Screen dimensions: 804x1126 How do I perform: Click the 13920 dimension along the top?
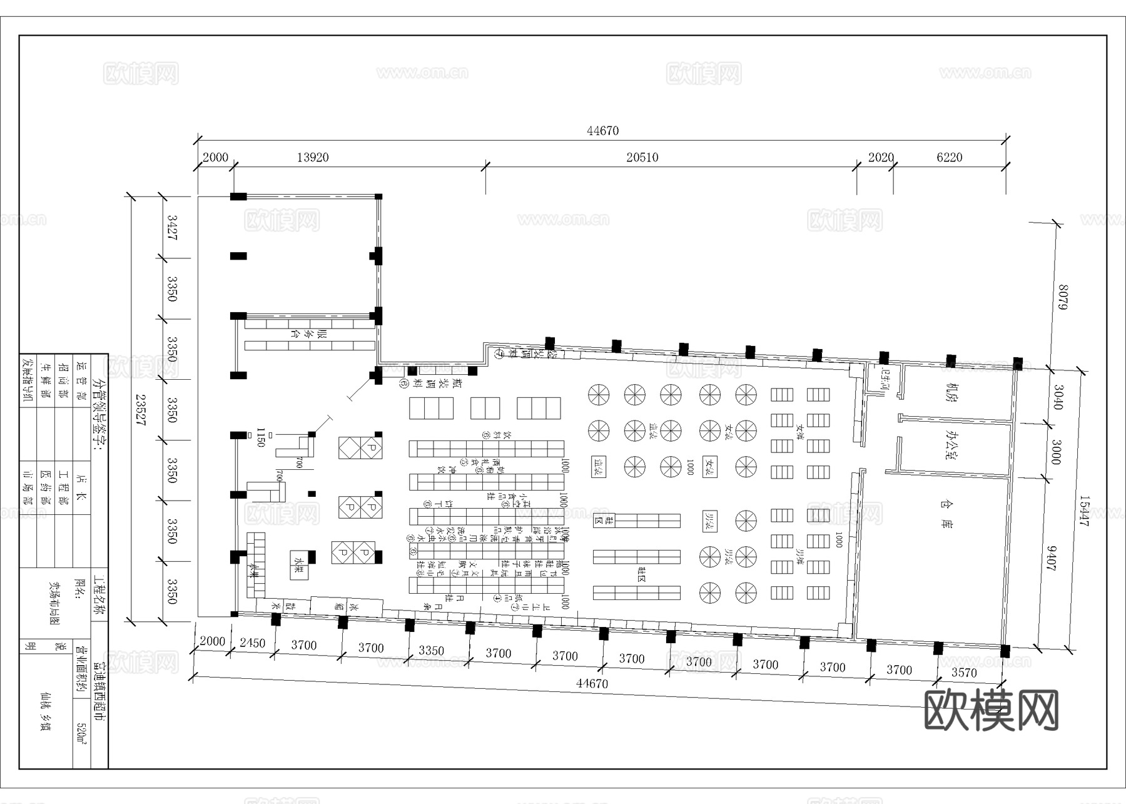(312, 158)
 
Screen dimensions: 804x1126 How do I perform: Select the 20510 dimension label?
(642, 158)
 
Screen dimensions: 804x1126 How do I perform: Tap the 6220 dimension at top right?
(949, 158)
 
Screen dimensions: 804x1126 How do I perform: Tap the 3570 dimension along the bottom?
(964, 673)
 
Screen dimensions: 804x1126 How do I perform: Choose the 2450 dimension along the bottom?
(253, 643)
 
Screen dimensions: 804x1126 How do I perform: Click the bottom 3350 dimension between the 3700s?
(431, 651)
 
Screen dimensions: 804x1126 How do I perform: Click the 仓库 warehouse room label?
(945, 514)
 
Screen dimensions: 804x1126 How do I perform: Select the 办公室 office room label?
(951, 445)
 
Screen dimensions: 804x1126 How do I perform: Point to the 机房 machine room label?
(951, 393)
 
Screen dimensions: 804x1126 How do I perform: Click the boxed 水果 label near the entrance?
(299, 561)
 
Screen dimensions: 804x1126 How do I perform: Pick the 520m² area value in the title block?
(81, 733)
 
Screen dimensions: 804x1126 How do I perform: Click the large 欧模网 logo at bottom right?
(991, 710)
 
